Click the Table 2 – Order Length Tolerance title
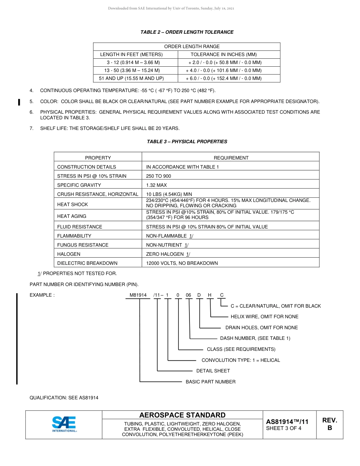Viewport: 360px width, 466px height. click(x=187, y=32)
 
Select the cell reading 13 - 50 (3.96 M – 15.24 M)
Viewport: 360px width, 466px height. click(x=132, y=70)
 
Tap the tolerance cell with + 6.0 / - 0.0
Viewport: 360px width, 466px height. click(x=224, y=78)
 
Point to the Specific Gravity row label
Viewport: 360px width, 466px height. click(x=79, y=185)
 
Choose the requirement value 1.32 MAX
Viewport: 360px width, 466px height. click(x=157, y=185)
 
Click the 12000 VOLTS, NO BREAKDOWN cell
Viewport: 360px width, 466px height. click(x=182, y=263)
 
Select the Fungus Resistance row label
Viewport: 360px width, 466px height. click(x=83, y=245)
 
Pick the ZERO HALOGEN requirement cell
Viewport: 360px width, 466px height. click(x=168, y=254)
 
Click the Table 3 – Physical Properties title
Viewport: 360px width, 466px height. click(x=187, y=142)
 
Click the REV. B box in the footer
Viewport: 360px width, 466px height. click(x=329, y=424)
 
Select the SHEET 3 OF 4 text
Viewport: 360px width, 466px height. click(x=284, y=428)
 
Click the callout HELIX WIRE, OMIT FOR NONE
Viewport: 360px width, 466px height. click(x=265, y=317)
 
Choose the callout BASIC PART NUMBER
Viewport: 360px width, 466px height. click(x=210, y=382)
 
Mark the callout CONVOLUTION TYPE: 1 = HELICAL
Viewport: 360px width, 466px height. click(x=241, y=360)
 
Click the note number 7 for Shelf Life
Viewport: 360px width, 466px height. click(x=31, y=128)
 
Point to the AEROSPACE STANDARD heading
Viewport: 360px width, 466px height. click(x=182, y=415)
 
